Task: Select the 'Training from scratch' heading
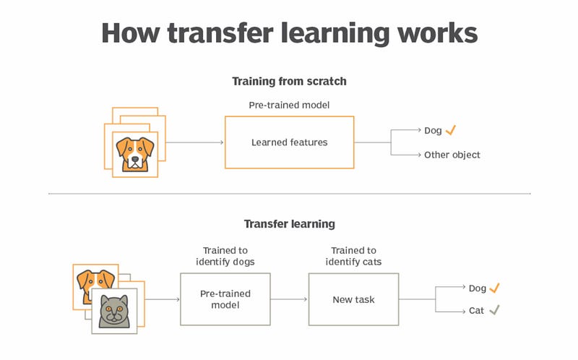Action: (x=290, y=81)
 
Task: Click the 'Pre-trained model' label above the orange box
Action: (x=290, y=105)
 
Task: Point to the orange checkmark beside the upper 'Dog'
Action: (x=450, y=130)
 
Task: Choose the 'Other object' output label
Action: (x=452, y=155)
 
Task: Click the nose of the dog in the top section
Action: (x=135, y=159)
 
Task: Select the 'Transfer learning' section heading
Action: (x=290, y=224)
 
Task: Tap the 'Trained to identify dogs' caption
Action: (x=225, y=256)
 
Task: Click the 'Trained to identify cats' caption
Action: (x=353, y=256)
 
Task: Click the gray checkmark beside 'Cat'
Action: (x=494, y=310)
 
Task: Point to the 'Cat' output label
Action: (x=476, y=311)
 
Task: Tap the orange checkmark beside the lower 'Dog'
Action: (x=494, y=288)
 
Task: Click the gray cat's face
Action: (x=114, y=310)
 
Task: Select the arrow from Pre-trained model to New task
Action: (x=288, y=299)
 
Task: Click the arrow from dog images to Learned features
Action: (x=194, y=142)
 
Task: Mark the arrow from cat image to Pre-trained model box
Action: (x=162, y=299)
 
